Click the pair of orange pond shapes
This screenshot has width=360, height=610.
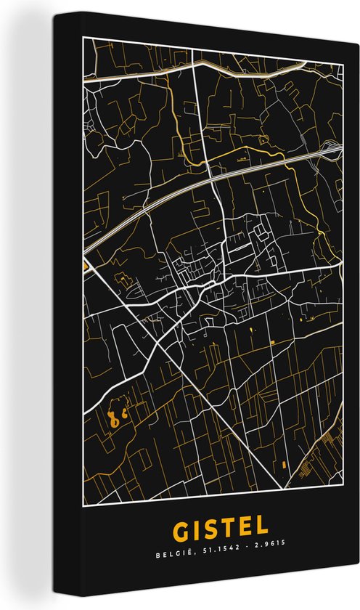(x=117, y=418)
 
